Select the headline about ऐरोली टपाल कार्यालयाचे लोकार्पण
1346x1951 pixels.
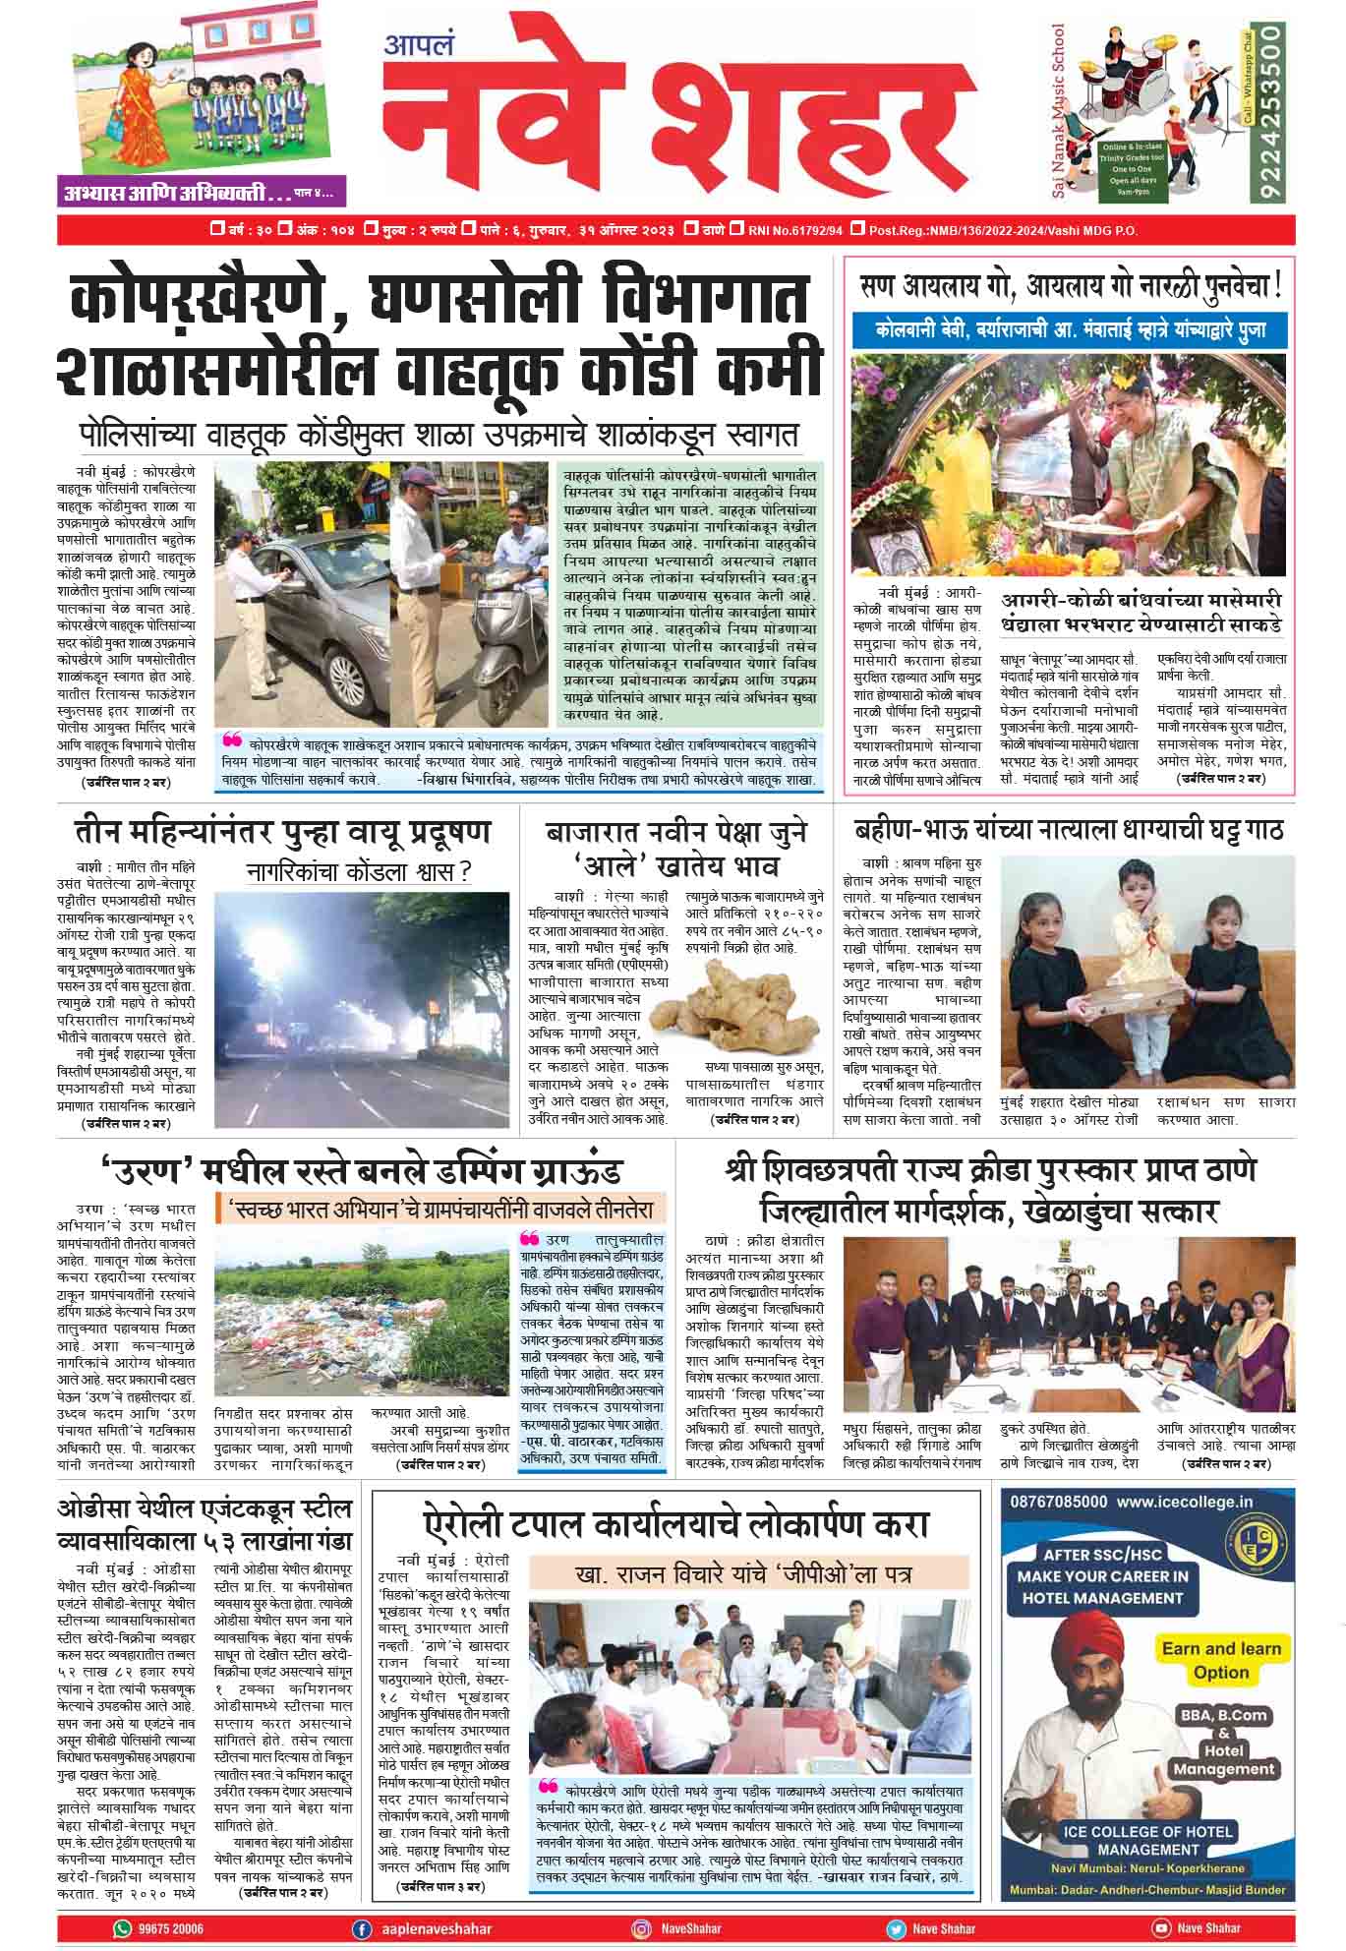click(675, 1525)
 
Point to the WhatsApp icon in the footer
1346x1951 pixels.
click(122, 1928)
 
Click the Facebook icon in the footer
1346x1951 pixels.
click(362, 1928)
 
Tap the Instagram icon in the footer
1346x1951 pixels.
click(640, 1928)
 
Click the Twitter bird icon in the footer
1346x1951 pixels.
click(895, 1928)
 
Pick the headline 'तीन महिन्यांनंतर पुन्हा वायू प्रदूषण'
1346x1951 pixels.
click(282, 833)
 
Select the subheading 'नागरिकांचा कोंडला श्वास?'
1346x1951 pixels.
click(359, 872)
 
